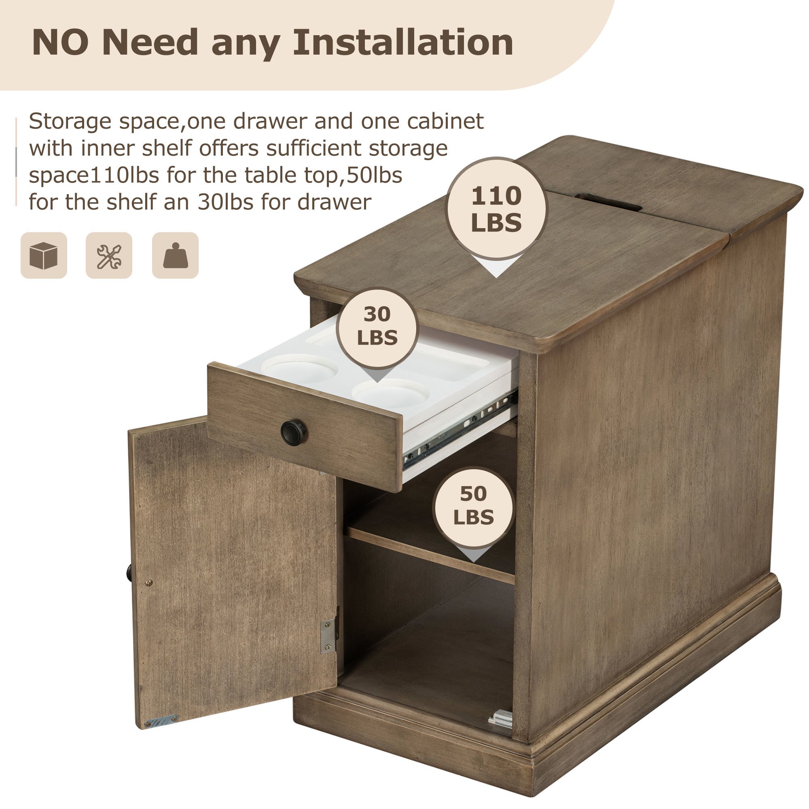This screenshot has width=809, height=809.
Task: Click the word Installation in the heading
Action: point(403,42)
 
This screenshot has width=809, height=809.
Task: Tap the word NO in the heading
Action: point(60,42)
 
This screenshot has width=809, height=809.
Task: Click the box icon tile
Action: point(44,255)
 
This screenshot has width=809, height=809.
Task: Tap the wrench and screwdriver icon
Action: point(109,255)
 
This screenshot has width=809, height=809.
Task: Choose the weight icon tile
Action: point(175,255)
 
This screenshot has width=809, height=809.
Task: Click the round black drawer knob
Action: point(293,432)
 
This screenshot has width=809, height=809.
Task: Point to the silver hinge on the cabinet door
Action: point(329,635)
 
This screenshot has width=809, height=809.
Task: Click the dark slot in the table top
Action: point(608,202)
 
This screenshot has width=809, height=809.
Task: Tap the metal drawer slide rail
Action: point(460,430)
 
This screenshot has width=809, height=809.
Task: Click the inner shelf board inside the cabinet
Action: point(430,555)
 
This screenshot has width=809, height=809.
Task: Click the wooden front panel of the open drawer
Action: point(305,427)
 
